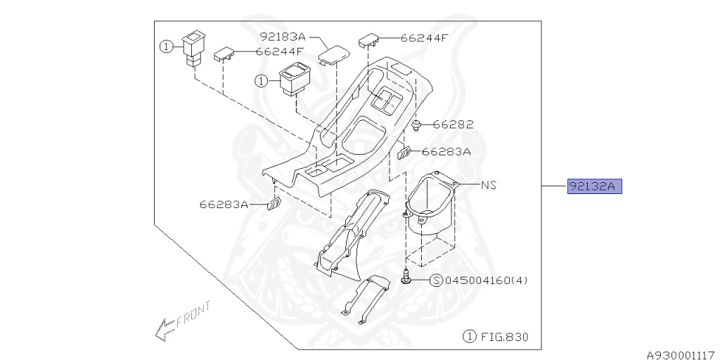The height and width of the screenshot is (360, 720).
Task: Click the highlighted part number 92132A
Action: pyautogui.click(x=595, y=186)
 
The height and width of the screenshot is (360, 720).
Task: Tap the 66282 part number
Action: pyautogui.click(x=453, y=124)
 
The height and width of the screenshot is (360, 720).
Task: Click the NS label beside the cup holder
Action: pyautogui.click(x=489, y=186)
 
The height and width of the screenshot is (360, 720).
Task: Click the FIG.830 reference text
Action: pyautogui.click(x=504, y=337)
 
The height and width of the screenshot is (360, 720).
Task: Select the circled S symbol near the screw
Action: pyautogui.click(x=436, y=280)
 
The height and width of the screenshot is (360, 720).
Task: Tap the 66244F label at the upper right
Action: pyautogui.click(x=423, y=38)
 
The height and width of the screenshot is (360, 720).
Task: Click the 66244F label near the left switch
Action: pyautogui.click(x=280, y=51)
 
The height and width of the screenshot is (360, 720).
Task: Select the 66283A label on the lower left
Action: pyautogui.click(x=224, y=205)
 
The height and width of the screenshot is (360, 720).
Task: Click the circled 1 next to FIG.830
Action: pyautogui.click(x=469, y=337)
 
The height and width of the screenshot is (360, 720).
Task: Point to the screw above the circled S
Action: pyautogui.click(x=407, y=278)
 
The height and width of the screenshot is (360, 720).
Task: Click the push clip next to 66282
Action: pyautogui.click(x=417, y=125)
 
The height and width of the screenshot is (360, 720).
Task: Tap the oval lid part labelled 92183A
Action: pyautogui.click(x=333, y=53)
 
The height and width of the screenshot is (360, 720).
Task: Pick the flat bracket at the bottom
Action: pyautogui.click(x=365, y=299)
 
